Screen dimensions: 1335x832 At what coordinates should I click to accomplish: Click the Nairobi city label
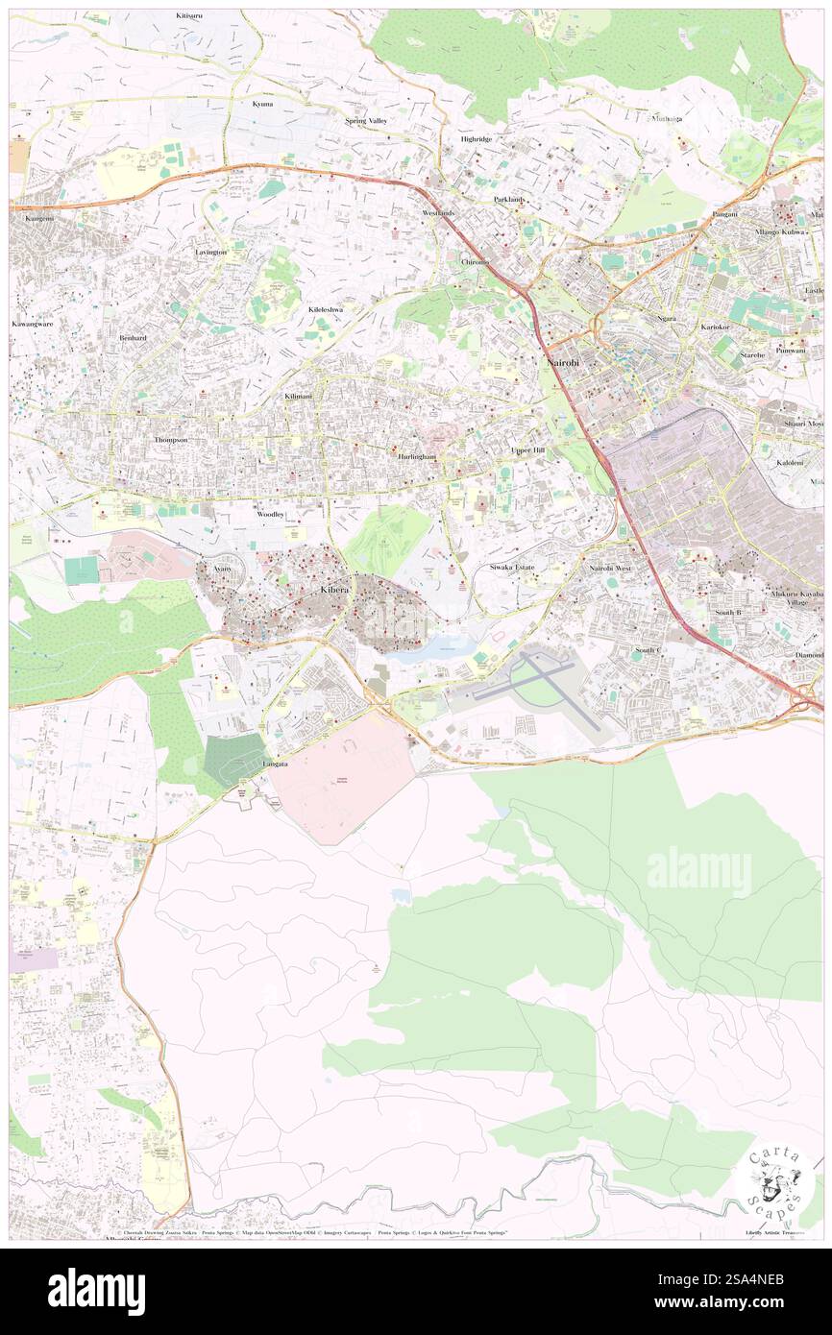[x=561, y=364]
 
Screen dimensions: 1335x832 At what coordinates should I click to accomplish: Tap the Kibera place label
[x=333, y=592]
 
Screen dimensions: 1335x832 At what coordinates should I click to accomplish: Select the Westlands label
[x=437, y=212]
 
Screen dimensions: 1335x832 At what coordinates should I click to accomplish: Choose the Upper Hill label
[x=527, y=449]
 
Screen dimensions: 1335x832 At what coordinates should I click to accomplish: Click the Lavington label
[x=210, y=252]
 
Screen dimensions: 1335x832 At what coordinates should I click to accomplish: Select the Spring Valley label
[x=365, y=121]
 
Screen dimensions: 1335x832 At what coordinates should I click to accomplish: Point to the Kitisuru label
[x=190, y=17]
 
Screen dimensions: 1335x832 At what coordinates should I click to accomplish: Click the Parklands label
[x=510, y=199]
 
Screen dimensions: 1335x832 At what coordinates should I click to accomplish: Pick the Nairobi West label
[x=610, y=569]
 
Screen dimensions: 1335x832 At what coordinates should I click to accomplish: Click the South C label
[x=648, y=650]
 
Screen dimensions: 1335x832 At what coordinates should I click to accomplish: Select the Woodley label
[x=269, y=515]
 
